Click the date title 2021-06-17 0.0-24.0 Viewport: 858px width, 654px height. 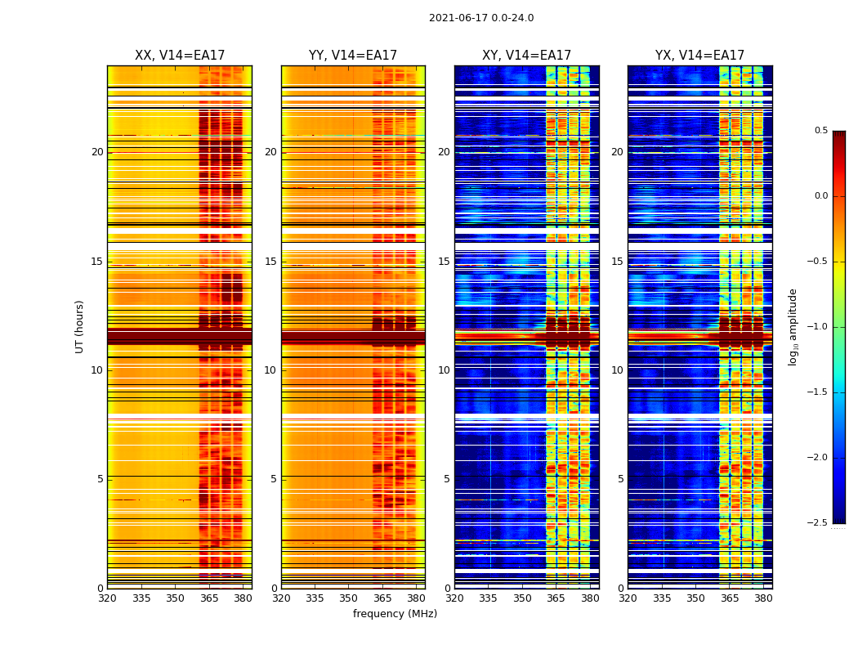(481, 18)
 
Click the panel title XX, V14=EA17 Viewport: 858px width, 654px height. (180, 56)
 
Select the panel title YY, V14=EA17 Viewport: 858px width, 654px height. (353, 56)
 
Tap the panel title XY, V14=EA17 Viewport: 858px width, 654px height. (526, 56)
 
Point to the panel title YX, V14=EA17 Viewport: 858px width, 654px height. (699, 56)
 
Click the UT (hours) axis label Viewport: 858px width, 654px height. (80, 326)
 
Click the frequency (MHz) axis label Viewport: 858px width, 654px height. (395, 614)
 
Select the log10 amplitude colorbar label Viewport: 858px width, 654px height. (793, 326)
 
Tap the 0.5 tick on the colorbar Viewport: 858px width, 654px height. (821, 131)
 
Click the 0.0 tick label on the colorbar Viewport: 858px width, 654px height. (821, 196)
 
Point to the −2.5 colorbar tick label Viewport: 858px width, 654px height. (820, 523)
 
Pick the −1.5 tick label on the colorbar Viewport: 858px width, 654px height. (820, 392)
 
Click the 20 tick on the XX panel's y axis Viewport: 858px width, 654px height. (97, 152)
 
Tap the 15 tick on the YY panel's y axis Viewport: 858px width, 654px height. (270, 262)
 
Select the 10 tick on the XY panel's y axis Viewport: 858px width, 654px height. (444, 370)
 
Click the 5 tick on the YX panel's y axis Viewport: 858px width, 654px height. (620, 479)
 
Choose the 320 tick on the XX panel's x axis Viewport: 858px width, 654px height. (107, 598)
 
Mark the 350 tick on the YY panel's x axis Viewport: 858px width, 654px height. (349, 598)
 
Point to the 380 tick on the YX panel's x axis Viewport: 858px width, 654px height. (763, 598)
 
